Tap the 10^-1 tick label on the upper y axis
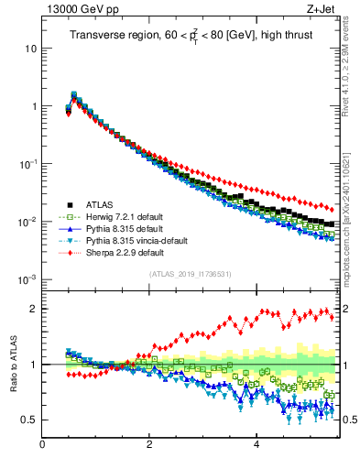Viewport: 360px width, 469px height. pyautogui.click(x=27, y=163)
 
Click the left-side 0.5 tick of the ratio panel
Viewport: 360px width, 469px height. pyautogui.click(x=28, y=420)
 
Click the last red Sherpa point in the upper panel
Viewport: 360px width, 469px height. pyautogui.click(x=332, y=209)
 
